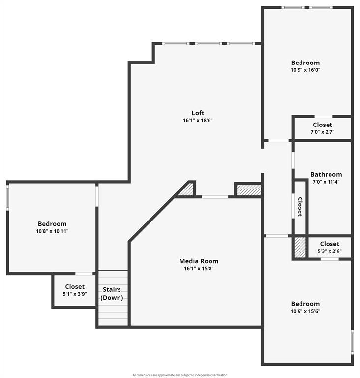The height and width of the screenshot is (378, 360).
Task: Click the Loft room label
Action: click(x=198, y=113)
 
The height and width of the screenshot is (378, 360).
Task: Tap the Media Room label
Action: click(x=199, y=261)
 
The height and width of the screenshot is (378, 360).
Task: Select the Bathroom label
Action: click(x=326, y=174)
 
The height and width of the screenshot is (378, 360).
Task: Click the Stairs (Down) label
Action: click(x=112, y=293)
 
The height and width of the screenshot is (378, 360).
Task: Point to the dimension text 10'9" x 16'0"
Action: click(x=305, y=70)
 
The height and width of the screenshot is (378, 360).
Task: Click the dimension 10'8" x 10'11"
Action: click(x=52, y=231)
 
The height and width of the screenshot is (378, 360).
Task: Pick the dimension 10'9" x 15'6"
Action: click(x=305, y=311)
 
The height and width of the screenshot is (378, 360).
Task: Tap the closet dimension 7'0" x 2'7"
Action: click(x=322, y=132)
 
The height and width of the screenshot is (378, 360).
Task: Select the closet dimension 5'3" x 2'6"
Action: click(x=330, y=251)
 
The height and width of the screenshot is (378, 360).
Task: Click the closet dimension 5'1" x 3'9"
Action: click(x=75, y=294)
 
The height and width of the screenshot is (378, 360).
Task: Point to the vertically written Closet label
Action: click(x=300, y=207)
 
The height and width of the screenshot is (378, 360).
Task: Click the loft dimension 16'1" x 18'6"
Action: click(x=198, y=120)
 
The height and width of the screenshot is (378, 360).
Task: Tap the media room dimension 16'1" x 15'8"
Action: click(x=199, y=269)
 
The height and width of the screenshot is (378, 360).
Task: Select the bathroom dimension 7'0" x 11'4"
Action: click(x=326, y=182)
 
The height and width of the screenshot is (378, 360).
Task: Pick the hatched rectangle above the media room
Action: click(x=248, y=189)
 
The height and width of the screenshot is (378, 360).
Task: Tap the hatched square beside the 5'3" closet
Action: click(x=300, y=247)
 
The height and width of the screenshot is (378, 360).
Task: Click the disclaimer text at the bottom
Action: click(x=180, y=375)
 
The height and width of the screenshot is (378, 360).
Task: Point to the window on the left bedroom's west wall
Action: click(x=7, y=197)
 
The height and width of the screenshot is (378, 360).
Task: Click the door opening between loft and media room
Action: click(x=215, y=197)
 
